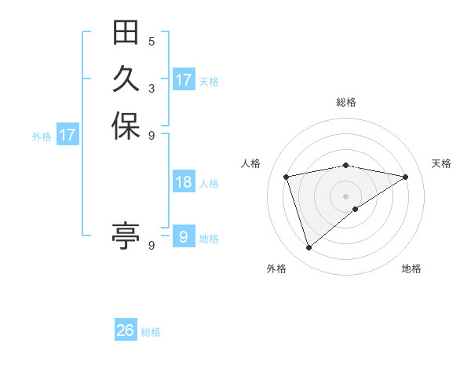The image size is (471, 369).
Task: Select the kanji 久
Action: pyautogui.click(x=126, y=80)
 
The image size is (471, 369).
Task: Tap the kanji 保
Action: pyautogui.click(x=126, y=127)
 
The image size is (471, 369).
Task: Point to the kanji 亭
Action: pyautogui.click(x=126, y=235)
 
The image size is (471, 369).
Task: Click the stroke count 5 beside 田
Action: pyautogui.click(x=152, y=42)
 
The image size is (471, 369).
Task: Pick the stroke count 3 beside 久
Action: pyautogui.click(x=152, y=88)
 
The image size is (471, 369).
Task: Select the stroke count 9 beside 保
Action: pyautogui.click(x=152, y=135)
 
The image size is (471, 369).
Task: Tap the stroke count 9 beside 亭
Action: pyautogui.click(x=152, y=245)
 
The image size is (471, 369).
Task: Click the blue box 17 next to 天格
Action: pyautogui.click(x=184, y=80)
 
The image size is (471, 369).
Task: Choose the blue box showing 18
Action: pyautogui.click(x=184, y=182)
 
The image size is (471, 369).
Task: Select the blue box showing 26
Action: pyautogui.click(x=126, y=331)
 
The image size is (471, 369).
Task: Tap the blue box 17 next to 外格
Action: pyautogui.click(x=68, y=135)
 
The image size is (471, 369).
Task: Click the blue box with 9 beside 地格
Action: pyautogui.click(x=184, y=236)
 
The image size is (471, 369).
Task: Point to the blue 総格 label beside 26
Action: pyautogui.click(x=151, y=332)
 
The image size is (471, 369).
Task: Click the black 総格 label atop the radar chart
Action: pyautogui.click(x=346, y=102)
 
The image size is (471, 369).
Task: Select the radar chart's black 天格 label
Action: pyautogui.click(x=441, y=163)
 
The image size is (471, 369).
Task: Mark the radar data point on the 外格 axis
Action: pyautogui.click(x=309, y=248)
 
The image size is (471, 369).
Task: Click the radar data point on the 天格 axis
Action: pyautogui.click(x=406, y=177)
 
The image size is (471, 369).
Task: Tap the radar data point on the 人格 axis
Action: pyautogui.click(x=287, y=177)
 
